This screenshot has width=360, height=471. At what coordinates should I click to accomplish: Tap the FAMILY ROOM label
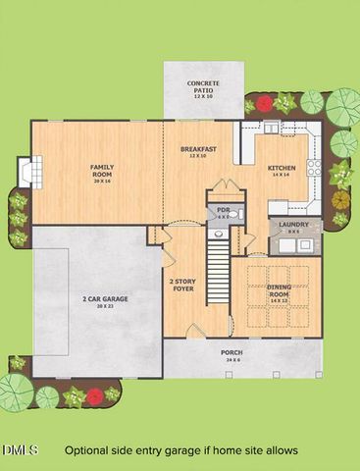[x=101, y=169]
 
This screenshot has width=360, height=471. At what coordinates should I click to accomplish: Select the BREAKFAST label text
[x=197, y=148]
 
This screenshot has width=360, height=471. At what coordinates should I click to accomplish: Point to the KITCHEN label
[x=282, y=168]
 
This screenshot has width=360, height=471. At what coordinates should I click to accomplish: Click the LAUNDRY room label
[x=293, y=224]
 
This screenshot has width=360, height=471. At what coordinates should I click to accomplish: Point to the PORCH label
[x=231, y=352]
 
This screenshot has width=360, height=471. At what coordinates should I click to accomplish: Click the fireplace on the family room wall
[x=32, y=173]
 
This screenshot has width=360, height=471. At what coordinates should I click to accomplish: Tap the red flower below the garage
[x=94, y=396]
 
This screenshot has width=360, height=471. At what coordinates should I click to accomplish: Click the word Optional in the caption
[x=90, y=450]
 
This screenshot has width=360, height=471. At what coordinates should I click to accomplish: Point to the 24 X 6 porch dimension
[x=231, y=359]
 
